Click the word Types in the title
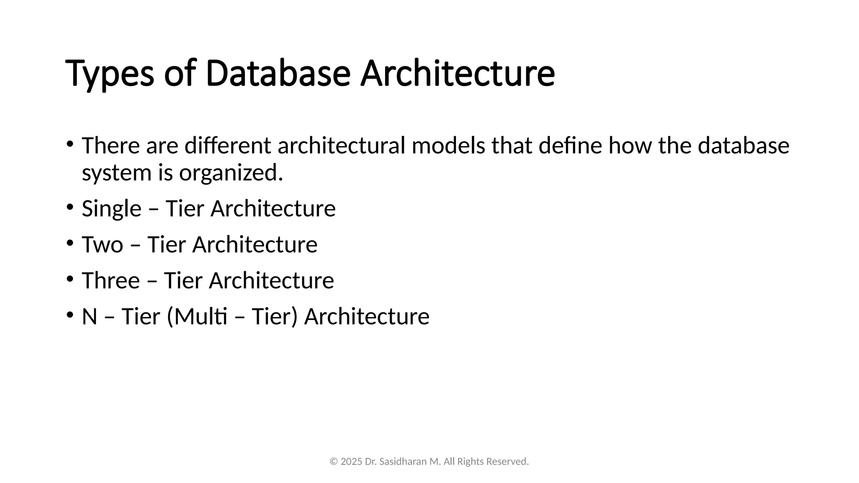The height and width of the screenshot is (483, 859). [x=109, y=74]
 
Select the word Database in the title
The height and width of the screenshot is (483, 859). [x=278, y=74]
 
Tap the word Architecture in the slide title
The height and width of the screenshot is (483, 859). [x=458, y=74]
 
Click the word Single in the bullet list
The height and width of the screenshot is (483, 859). [x=112, y=209]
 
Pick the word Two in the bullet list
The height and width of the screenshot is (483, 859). [x=102, y=244]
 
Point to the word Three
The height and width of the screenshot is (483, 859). [x=111, y=280]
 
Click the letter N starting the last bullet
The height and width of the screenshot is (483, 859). [x=89, y=317]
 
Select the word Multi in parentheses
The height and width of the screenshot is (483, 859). [x=200, y=317]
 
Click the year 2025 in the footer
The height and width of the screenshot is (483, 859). [x=351, y=462]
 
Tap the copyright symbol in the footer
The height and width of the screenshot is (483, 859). [x=333, y=462]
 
